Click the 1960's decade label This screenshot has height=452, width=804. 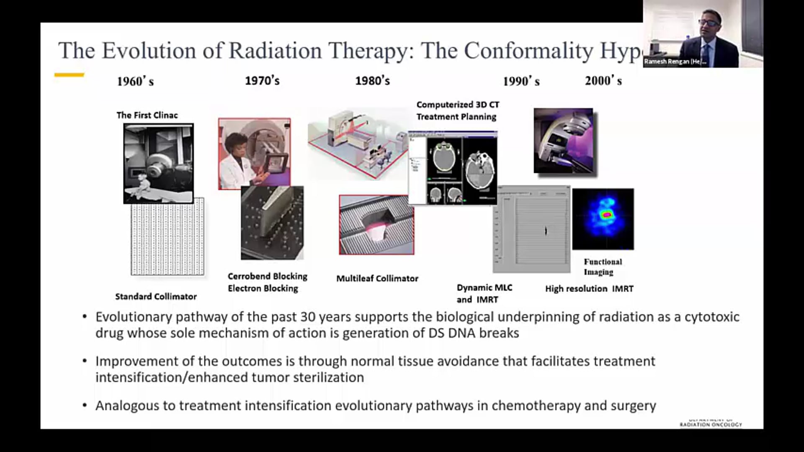[x=135, y=81]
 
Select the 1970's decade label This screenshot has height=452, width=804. [x=262, y=80]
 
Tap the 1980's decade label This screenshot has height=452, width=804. [x=372, y=80]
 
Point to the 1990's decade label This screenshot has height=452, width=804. [x=521, y=81]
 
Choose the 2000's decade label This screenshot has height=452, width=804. [x=603, y=80]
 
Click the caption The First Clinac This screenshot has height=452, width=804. [x=147, y=115]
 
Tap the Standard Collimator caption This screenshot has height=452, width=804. [x=156, y=296]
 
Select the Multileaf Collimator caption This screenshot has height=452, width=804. [x=377, y=278]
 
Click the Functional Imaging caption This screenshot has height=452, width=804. [x=603, y=267]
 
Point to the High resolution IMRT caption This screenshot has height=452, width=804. [x=589, y=288]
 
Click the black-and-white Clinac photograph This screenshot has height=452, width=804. [x=158, y=163]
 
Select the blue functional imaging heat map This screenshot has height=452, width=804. [x=603, y=219]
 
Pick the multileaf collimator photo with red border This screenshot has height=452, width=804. [x=376, y=225]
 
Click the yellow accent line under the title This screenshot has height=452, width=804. [x=69, y=75]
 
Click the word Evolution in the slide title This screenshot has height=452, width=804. [x=149, y=51]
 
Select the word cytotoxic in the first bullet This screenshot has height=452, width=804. [x=712, y=317]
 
